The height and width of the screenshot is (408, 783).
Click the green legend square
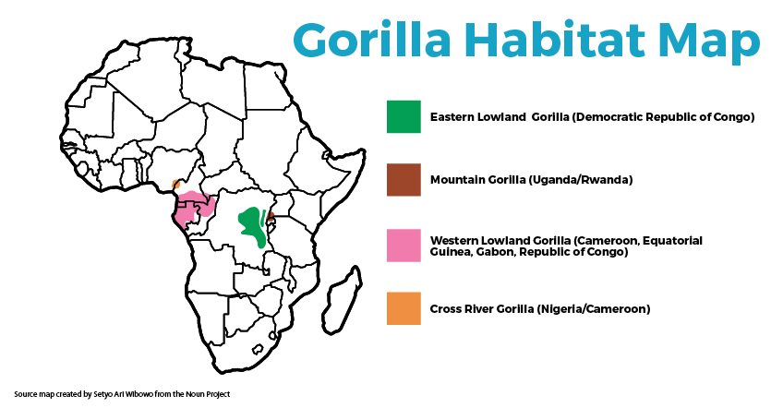404,117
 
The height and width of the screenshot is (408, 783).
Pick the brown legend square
404,179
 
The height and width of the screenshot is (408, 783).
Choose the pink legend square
404,246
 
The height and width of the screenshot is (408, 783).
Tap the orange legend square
404,308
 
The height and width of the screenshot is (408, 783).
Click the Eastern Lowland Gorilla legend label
592,117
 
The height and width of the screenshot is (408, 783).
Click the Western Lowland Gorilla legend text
566,246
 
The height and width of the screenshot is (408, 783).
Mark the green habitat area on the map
250,227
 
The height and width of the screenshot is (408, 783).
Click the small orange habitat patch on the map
176,184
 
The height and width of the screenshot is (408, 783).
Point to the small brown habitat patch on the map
271,217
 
